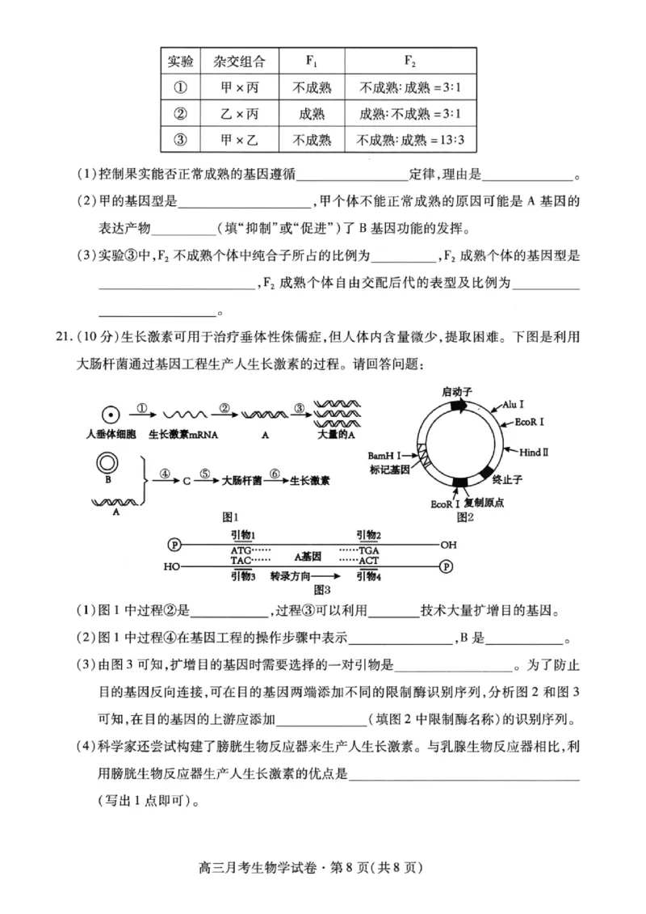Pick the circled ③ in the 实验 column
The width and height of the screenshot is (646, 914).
coord(180,140)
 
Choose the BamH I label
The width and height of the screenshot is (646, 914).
coord(384,457)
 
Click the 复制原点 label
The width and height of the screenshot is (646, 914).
coord(484,503)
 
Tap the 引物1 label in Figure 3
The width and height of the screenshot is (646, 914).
coord(242,534)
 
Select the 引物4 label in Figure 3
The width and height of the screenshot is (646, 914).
coord(368,576)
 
